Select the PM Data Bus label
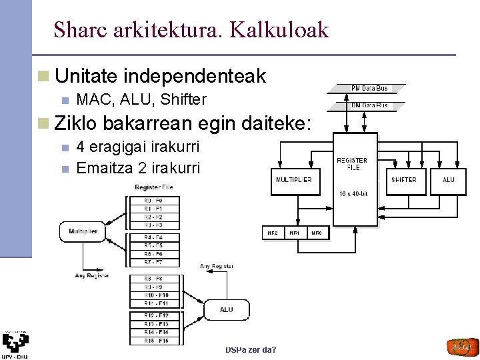click(369, 88)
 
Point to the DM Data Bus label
click(369, 105)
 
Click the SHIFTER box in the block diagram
click(403, 180)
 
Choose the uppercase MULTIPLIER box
click(293, 180)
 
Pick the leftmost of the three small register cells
click(273, 233)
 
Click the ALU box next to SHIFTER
click(449, 180)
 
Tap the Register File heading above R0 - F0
click(153, 187)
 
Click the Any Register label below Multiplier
click(91, 275)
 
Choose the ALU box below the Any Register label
click(227, 309)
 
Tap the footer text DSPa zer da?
click(251, 349)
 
